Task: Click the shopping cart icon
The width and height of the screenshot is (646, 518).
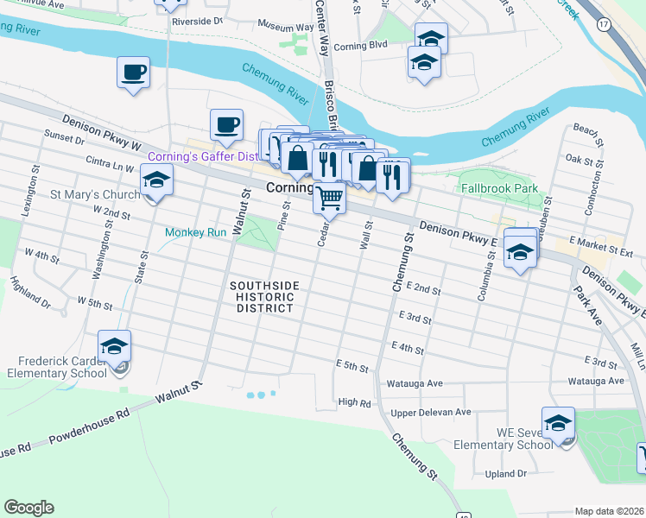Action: point(329,197)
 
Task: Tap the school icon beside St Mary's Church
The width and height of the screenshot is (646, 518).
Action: point(156,180)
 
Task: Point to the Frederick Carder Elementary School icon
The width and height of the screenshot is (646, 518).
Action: point(114,347)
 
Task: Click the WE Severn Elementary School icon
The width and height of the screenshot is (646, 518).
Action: point(558,424)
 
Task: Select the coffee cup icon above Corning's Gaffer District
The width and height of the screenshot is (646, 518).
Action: point(226,126)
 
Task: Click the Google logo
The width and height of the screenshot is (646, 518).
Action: point(28,508)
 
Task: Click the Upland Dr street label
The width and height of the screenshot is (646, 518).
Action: point(505,474)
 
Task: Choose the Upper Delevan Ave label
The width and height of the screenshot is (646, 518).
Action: point(430,413)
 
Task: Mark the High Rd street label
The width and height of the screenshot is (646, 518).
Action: point(354,401)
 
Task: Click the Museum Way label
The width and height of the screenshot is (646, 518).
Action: point(285,28)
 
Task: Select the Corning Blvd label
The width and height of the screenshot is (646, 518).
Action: point(361,45)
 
